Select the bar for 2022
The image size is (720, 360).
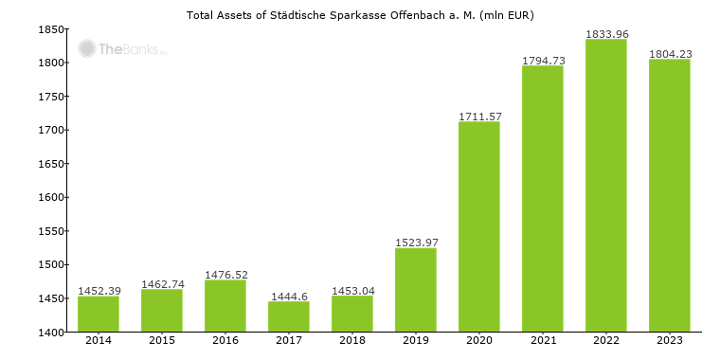[606, 185]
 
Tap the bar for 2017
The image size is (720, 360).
[289, 316]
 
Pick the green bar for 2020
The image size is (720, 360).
[479, 226]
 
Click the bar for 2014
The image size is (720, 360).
[99, 314]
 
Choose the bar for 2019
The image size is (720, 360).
[416, 290]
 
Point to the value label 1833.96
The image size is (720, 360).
[606, 34]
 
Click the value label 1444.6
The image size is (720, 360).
[289, 297]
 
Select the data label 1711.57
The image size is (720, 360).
[479, 117]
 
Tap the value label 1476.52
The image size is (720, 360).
[225, 275]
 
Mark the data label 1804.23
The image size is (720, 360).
[670, 54]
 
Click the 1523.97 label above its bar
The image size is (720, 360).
[416, 243]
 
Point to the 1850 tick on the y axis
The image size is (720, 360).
[50, 29]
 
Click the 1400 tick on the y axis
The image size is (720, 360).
[50, 333]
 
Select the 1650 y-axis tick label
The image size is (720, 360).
[50, 164]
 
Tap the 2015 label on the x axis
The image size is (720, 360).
[162, 341]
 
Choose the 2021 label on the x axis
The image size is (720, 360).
[543, 341]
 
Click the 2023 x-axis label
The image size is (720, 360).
[670, 341]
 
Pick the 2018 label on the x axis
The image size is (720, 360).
[352, 341]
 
